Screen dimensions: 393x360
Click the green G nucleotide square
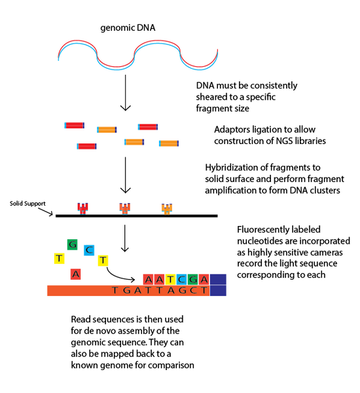73,245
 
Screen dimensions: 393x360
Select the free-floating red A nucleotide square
76,274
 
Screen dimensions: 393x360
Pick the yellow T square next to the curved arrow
103,261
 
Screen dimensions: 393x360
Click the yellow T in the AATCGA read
172,278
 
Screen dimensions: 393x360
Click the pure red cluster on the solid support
82,209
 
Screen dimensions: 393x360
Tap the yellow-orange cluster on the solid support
167,209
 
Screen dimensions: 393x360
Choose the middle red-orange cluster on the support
124,209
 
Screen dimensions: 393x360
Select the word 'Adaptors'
232,129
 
